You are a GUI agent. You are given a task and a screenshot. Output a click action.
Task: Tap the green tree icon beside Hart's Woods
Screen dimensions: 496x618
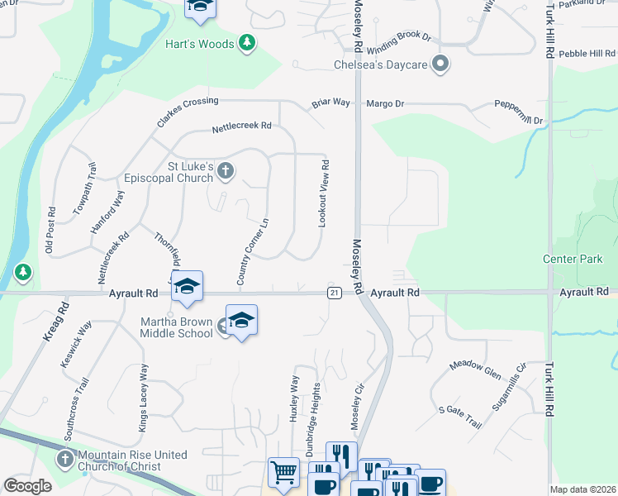[x=246, y=42]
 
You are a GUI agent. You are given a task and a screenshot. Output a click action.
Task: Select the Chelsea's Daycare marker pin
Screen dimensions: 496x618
[x=440, y=64]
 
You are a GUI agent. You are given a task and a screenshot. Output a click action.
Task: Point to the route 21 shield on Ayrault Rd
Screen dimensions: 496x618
[x=334, y=293]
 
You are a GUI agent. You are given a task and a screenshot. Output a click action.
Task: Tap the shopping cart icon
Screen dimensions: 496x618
[x=283, y=473]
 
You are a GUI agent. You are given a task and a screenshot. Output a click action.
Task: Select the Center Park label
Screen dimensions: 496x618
[x=573, y=260]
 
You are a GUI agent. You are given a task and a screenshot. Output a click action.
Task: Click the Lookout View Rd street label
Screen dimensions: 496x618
[x=325, y=193]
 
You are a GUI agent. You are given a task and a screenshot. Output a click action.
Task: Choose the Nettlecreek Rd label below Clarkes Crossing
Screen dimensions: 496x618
[x=241, y=126]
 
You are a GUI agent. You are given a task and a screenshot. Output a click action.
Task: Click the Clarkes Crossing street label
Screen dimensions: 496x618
[x=188, y=112]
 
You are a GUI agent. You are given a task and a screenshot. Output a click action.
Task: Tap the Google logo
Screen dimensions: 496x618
[x=28, y=486]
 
